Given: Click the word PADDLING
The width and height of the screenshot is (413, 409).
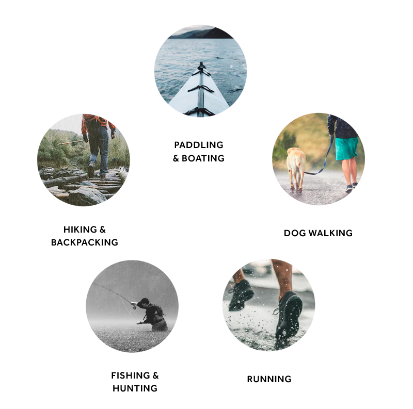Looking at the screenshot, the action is (x=199, y=145).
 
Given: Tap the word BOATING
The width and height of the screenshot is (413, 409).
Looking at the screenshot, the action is (x=203, y=158).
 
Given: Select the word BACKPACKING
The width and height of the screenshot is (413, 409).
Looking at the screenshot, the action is (x=85, y=242).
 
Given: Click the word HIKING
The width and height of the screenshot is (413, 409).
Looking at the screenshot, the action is (x=80, y=230).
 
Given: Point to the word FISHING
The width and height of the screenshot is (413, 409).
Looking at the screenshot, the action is (x=131, y=375).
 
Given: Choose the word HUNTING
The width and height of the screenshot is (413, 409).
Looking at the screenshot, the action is (x=135, y=388).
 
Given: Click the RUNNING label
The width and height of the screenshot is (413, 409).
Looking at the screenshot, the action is (x=269, y=379).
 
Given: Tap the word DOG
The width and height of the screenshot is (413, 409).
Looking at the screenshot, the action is (x=295, y=233).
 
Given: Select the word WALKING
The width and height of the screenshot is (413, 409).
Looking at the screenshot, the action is (x=330, y=233).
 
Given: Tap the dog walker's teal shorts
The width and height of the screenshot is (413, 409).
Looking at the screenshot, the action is (x=346, y=149).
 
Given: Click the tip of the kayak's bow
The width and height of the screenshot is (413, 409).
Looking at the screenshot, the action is (x=201, y=62).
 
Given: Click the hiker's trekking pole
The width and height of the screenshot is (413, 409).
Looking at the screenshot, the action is (x=71, y=143).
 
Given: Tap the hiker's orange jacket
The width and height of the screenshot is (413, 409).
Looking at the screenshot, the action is (x=98, y=122).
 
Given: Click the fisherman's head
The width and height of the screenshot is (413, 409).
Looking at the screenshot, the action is (x=144, y=303).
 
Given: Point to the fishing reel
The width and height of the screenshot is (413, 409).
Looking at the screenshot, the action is (x=134, y=306).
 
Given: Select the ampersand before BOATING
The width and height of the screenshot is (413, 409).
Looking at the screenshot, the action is (x=176, y=158).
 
